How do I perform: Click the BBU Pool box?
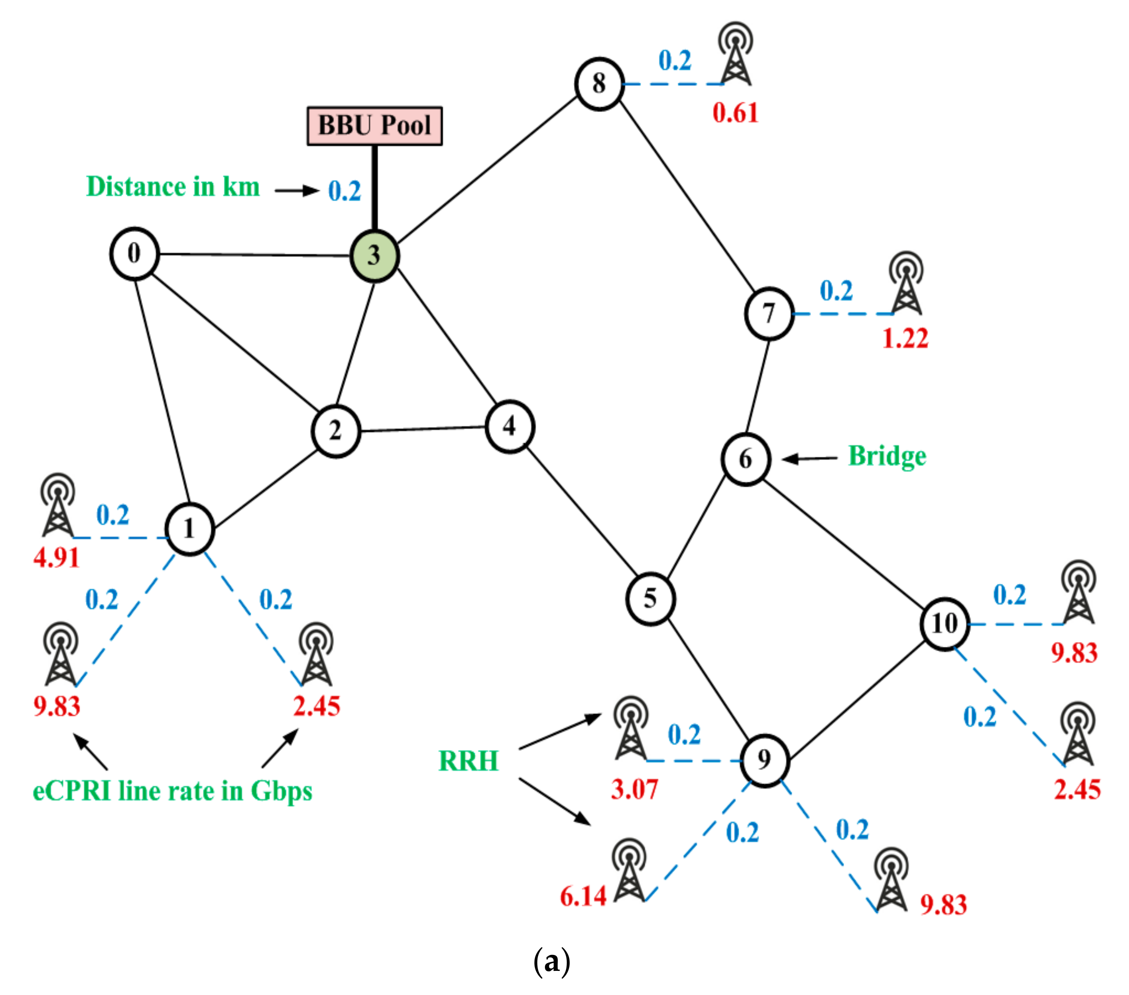pos(375,126)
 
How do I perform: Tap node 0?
pos(134,253)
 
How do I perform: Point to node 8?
pos(599,84)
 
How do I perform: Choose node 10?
pos(944,624)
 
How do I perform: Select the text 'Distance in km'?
pos(173,187)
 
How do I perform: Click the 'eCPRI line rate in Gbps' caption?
pos(172,791)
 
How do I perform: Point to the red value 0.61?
pos(735,113)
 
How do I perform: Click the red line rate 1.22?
pos(905,338)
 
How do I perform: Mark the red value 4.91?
pos(56,558)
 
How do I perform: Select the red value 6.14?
pos(583,896)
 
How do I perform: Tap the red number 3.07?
pos(635,789)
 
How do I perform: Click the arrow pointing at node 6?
pos(809,459)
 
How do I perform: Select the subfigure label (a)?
pos(552,962)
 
